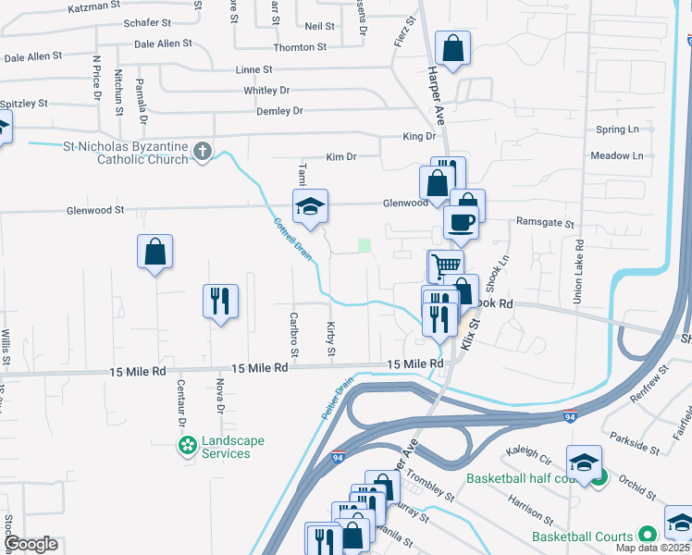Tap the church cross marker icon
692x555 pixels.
pos(204,151)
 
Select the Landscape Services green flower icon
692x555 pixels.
pos(187,447)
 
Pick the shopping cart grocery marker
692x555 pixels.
pos(445,265)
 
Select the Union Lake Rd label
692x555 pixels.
pos(579,273)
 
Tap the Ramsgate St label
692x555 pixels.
pos(545,224)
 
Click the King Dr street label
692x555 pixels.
pos(418,136)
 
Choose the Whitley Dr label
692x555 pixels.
pos(266,91)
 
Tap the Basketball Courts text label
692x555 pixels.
pos(582,536)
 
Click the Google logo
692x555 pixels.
pos(31,544)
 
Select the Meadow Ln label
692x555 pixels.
pos(616,155)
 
